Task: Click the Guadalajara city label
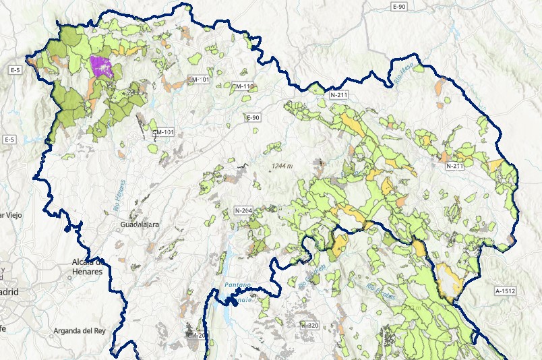pos(140,224)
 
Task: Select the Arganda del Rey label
pos(81,331)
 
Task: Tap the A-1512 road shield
pos(505,291)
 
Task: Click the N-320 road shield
pos(309,326)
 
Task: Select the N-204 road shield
pos(243,211)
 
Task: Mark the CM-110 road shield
pos(242,86)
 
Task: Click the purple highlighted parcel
pos(101,67)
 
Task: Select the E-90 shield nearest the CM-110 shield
pos(253,118)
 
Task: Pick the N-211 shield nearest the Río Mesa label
pos(338,95)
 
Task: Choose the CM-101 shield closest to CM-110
pos(200,80)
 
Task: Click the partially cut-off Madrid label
pos(9,292)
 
